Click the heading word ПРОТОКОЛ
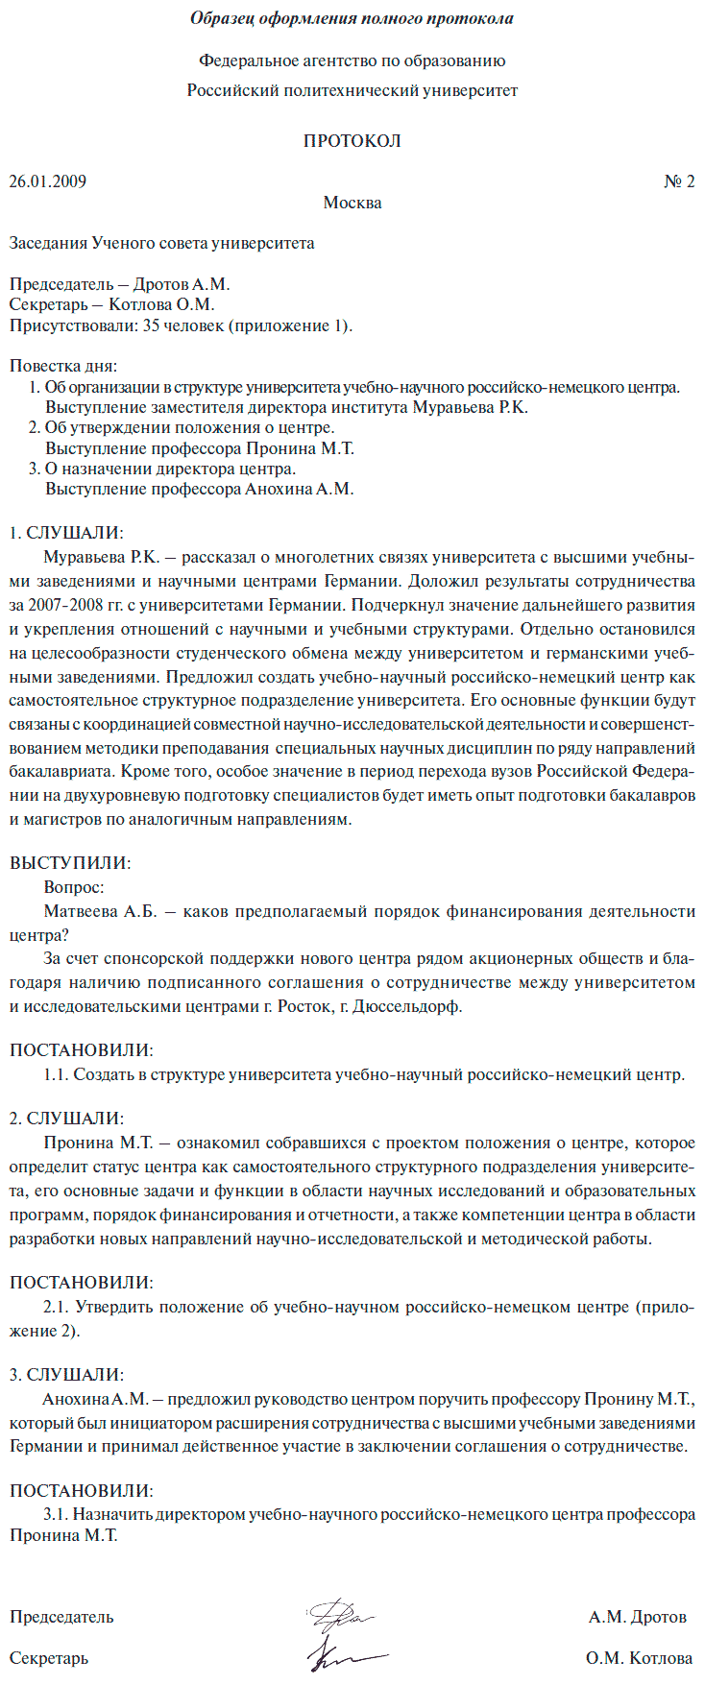coord(352,141)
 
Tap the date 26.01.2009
coord(48,181)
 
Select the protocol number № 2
coord(679,181)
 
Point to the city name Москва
coord(352,203)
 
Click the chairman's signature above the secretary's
coord(340,1615)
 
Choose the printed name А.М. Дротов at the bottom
coord(638,1617)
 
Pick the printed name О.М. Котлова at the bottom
coord(639,1658)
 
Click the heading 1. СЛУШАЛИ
coord(66,533)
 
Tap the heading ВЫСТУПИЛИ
coord(70,863)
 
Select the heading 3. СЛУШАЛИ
coord(66,1375)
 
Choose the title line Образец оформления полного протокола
coord(352,18)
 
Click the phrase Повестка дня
coord(63,366)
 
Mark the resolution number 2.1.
coord(55,1307)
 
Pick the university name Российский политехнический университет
coord(352,90)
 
